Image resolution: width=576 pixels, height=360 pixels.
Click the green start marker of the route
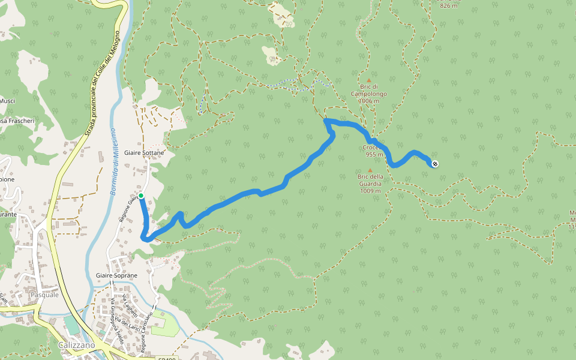click(140, 196)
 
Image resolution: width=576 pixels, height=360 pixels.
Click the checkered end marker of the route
click(435, 164)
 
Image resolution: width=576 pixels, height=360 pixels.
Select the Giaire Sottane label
click(144, 153)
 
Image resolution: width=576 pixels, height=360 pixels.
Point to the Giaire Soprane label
click(116, 275)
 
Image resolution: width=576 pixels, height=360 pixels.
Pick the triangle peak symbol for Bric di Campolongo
click(369, 80)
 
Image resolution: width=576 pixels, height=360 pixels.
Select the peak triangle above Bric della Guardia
click(370, 170)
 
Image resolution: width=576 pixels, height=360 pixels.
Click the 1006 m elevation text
click(369, 101)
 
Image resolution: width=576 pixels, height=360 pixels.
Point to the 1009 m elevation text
click(370, 191)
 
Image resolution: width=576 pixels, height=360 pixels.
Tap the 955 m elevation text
click(374, 154)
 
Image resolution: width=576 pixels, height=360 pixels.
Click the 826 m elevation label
click(449, 5)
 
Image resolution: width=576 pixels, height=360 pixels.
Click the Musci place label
click(7, 101)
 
